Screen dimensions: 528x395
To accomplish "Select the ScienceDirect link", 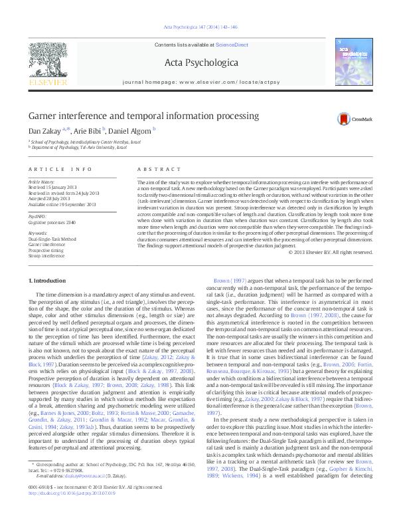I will [232, 45].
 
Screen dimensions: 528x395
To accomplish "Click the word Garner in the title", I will [42, 116].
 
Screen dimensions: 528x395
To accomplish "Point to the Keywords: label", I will [39, 233].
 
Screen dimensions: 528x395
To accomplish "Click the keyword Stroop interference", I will [46, 255].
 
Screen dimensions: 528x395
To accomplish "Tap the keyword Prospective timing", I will [46, 249].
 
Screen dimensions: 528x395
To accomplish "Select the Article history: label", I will [42, 181].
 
